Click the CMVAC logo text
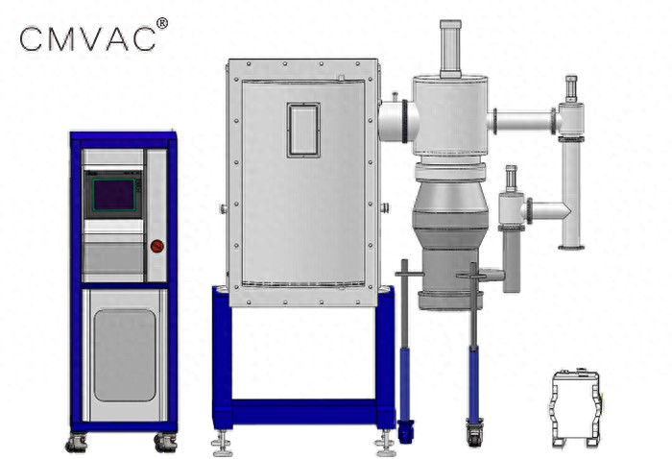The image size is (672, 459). coord(88,38)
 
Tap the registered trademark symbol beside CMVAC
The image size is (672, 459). coord(162,24)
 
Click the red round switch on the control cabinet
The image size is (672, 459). coord(156,247)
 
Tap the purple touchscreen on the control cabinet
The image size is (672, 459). coord(113,195)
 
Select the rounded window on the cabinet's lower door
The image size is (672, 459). coord(125,355)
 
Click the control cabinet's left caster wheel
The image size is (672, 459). coord(76,443)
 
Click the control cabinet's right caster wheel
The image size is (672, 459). coord(166,443)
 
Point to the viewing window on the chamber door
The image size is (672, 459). coord(303,130)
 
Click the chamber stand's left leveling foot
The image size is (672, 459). coord(222,445)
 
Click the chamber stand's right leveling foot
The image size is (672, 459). coord(384,445)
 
